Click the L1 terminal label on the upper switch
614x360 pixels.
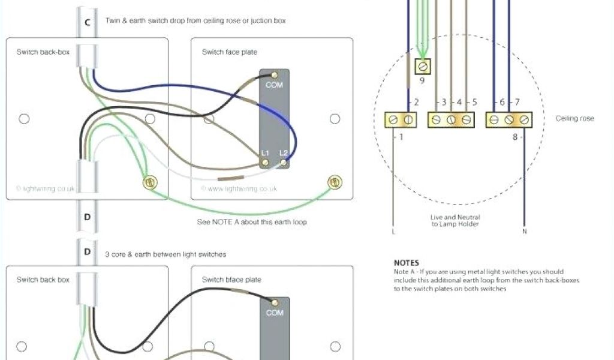point(264,154)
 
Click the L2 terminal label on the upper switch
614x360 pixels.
point(283,154)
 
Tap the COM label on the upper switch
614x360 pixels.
point(274,85)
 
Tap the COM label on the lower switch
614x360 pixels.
point(274,313)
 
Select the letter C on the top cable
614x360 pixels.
point(88,22)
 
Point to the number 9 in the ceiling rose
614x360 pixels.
point(422,80)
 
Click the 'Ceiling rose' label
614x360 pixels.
point(574,119)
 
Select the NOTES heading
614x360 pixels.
point(406,263)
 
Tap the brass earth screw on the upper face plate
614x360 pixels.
point(335,181)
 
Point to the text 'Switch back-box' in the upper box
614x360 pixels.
point(43,52)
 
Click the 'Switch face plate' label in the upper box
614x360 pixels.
point(230,52)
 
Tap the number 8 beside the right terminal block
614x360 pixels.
point(514,137)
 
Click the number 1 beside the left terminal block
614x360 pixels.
point(401,137)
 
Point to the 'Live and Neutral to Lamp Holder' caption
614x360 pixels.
point(455,220)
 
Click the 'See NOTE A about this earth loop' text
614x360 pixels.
point(252,222)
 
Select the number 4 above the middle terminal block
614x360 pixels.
point(459,103)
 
